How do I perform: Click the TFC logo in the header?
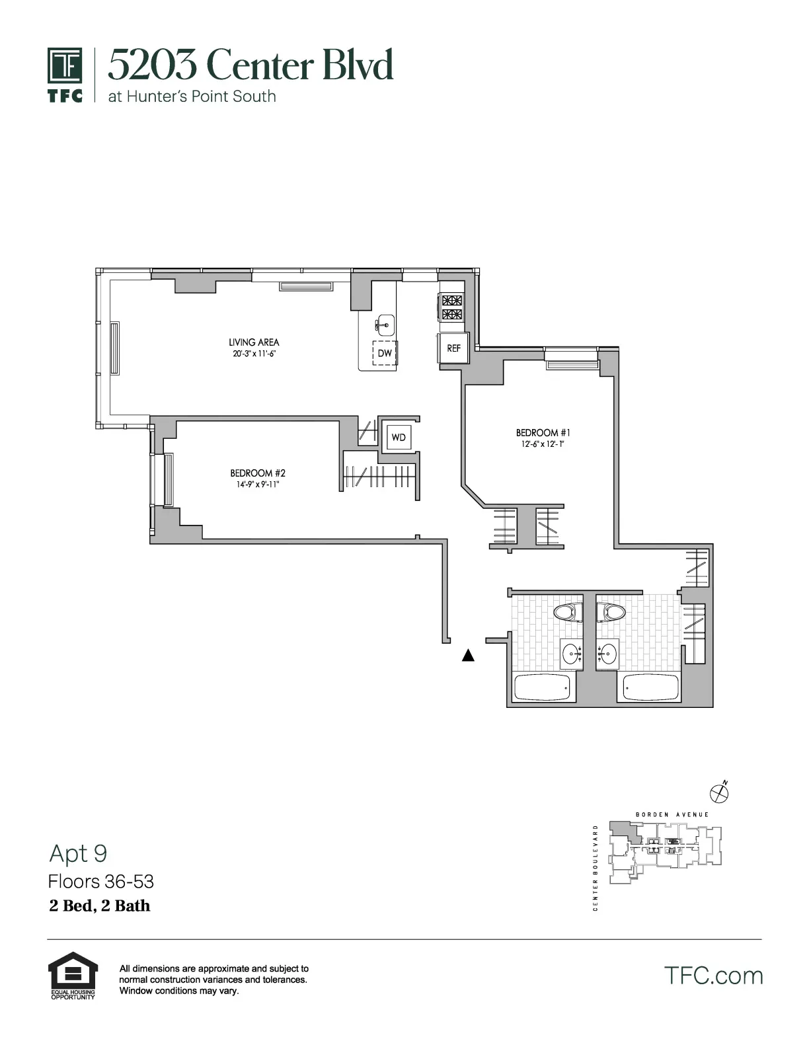pos(65,75)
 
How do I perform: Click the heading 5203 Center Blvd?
pos(250,65)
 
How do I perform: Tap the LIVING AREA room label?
pos(254,342)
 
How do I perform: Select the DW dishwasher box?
pos(385,353)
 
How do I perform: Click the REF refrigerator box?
pos(453,348)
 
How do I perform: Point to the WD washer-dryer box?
pos(399,438)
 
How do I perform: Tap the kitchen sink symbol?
pos(385,325)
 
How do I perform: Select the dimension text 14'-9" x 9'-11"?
pos(257,485)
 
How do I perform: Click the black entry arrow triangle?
pos(468,656)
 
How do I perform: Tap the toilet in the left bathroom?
pos(567,612)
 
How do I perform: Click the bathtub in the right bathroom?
pos(650,687)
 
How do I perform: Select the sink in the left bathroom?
pos(571,654)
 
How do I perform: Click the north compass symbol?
pos(718,792)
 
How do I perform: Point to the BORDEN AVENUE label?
pos(672,814)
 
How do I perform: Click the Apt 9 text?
pos(78,853)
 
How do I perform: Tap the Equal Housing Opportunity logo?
pos(73,975)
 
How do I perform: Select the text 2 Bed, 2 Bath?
pos(100,906)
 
